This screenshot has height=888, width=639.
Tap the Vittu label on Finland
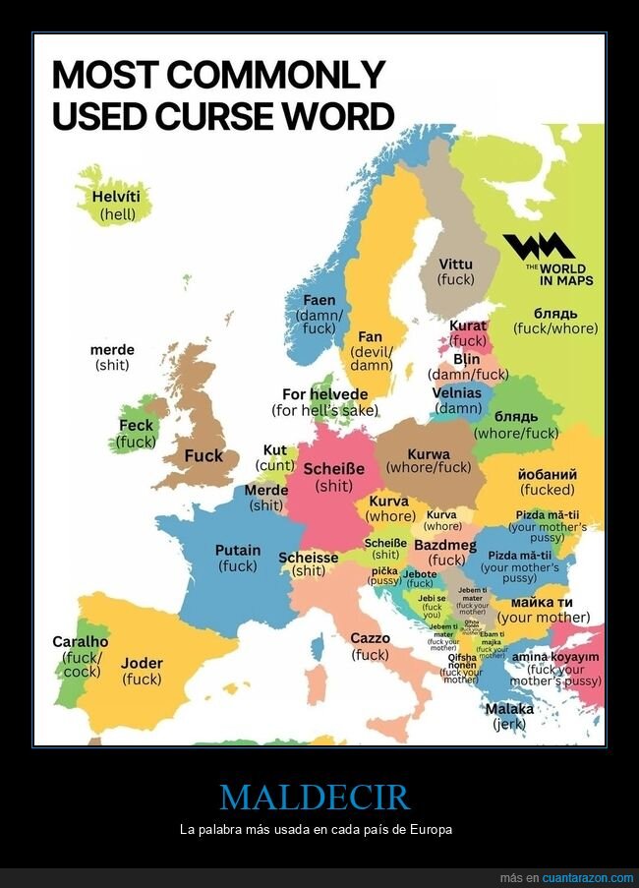click(x=455, y=264)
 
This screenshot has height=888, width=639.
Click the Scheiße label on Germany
click(x=333, y=468)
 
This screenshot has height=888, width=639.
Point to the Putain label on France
click(x=238, y=550)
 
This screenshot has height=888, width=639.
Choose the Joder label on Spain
click(x=143, y=663)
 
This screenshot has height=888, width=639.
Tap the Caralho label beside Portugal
click(x=81, y=641)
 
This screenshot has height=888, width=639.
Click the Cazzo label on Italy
click(x=370, y=638)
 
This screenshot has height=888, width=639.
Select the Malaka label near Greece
click(x=509, y=708)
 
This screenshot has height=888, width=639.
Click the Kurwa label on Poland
click(x=429, y=453)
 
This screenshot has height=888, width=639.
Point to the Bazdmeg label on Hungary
click(x=444, y=545)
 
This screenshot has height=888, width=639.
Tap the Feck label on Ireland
click(x=137, y=426)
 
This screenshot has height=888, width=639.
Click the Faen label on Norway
click(x=319, y=300)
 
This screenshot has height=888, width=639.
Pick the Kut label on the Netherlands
click(x=275, y=450)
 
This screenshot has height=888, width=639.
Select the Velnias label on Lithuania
click(x=457, y=392)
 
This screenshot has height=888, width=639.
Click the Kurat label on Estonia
click(x=468, y=326)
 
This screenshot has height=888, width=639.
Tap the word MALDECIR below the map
click(x=315, y=797)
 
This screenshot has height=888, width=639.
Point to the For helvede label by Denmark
click(x=324, y=394)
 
